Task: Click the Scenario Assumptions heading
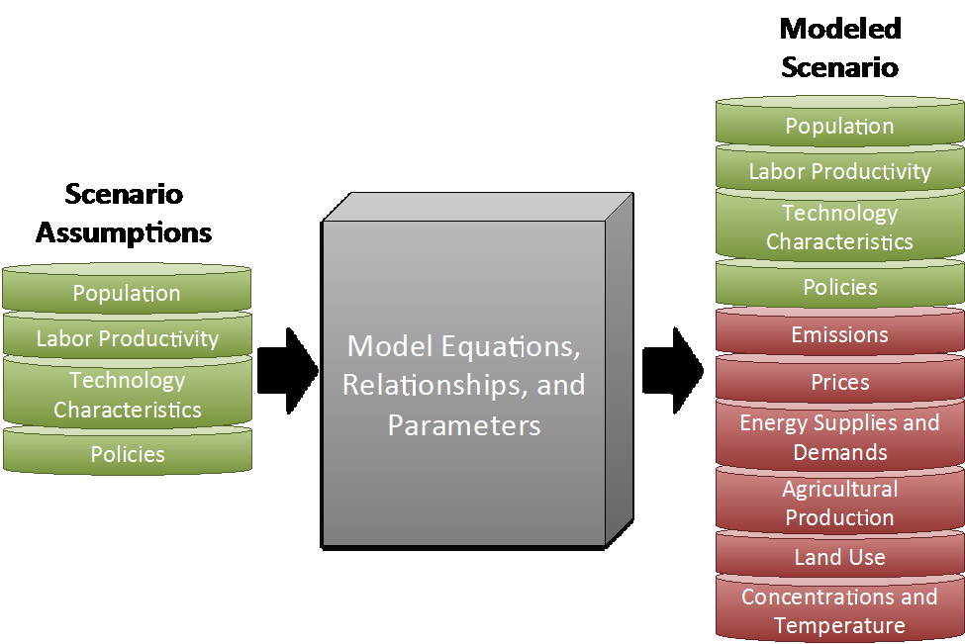pos(124,214)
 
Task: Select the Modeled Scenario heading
pos(840,47)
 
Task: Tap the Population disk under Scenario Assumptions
pos(127,289)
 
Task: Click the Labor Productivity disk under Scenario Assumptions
pos(128,335)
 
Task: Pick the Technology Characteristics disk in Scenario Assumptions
pos(128,392)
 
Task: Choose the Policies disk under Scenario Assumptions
pos(128,451)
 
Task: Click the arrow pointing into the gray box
pos(287,371)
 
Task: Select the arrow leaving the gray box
pos(673,370)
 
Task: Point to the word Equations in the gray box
pos(512,346)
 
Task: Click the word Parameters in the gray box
pos(464,425)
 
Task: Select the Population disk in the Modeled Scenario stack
pos(840,122)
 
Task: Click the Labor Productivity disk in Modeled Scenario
pos(840,168)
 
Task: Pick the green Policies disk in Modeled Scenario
pos(840,284)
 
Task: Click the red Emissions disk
pos(840,331)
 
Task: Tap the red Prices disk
pos(840,378)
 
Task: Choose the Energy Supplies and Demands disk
pos(840,434)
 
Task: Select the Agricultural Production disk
pos(840,501)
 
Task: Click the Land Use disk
pos(840,554)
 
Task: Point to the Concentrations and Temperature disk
pos(840,609)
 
